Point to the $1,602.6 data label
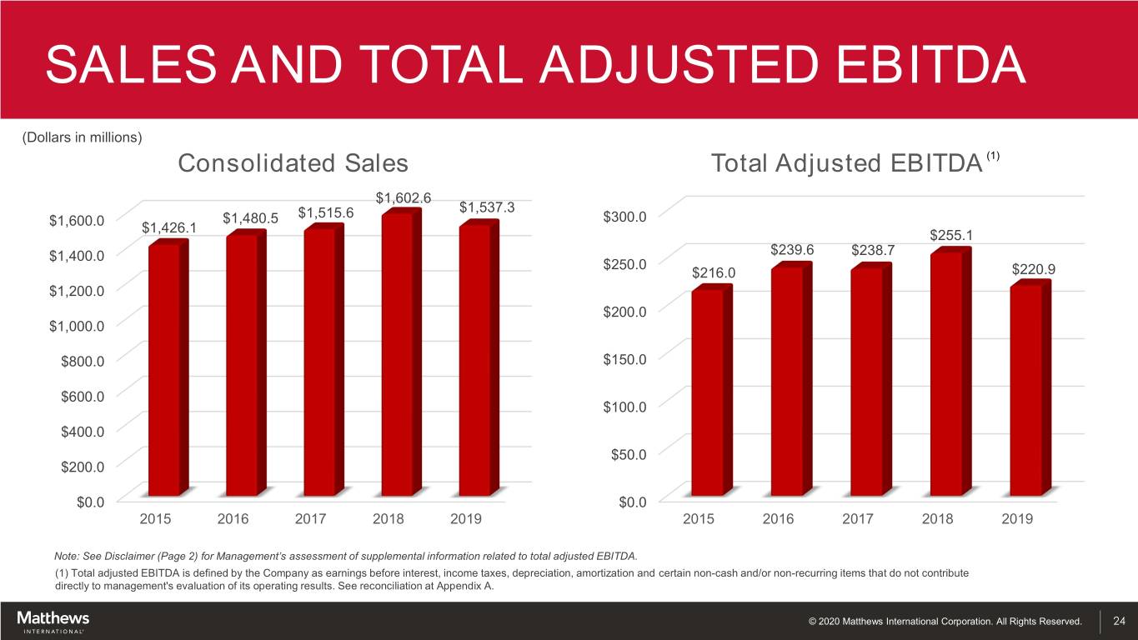(x=404, y=198)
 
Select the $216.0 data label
(x=714, y=274)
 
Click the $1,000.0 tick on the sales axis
(x=77, y=326)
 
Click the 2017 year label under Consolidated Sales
(x=311, y=518)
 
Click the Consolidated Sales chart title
(x=293, y=164)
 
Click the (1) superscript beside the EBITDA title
(x=993, y=156)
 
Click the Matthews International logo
(x=53, y=621)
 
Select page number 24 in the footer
(x=1120, y=621)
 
